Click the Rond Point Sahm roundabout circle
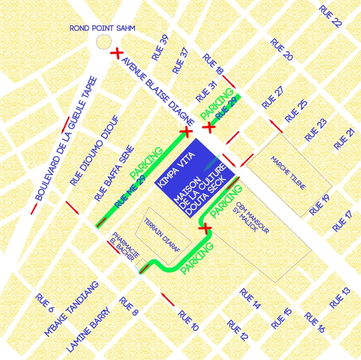point(104,41)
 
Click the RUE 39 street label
point(160,48)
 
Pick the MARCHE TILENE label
point(288,173)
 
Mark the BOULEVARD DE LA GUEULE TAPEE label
point(66,138)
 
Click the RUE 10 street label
point(188,321)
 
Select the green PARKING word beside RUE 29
point(217,104)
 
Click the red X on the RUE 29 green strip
point(209,128)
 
